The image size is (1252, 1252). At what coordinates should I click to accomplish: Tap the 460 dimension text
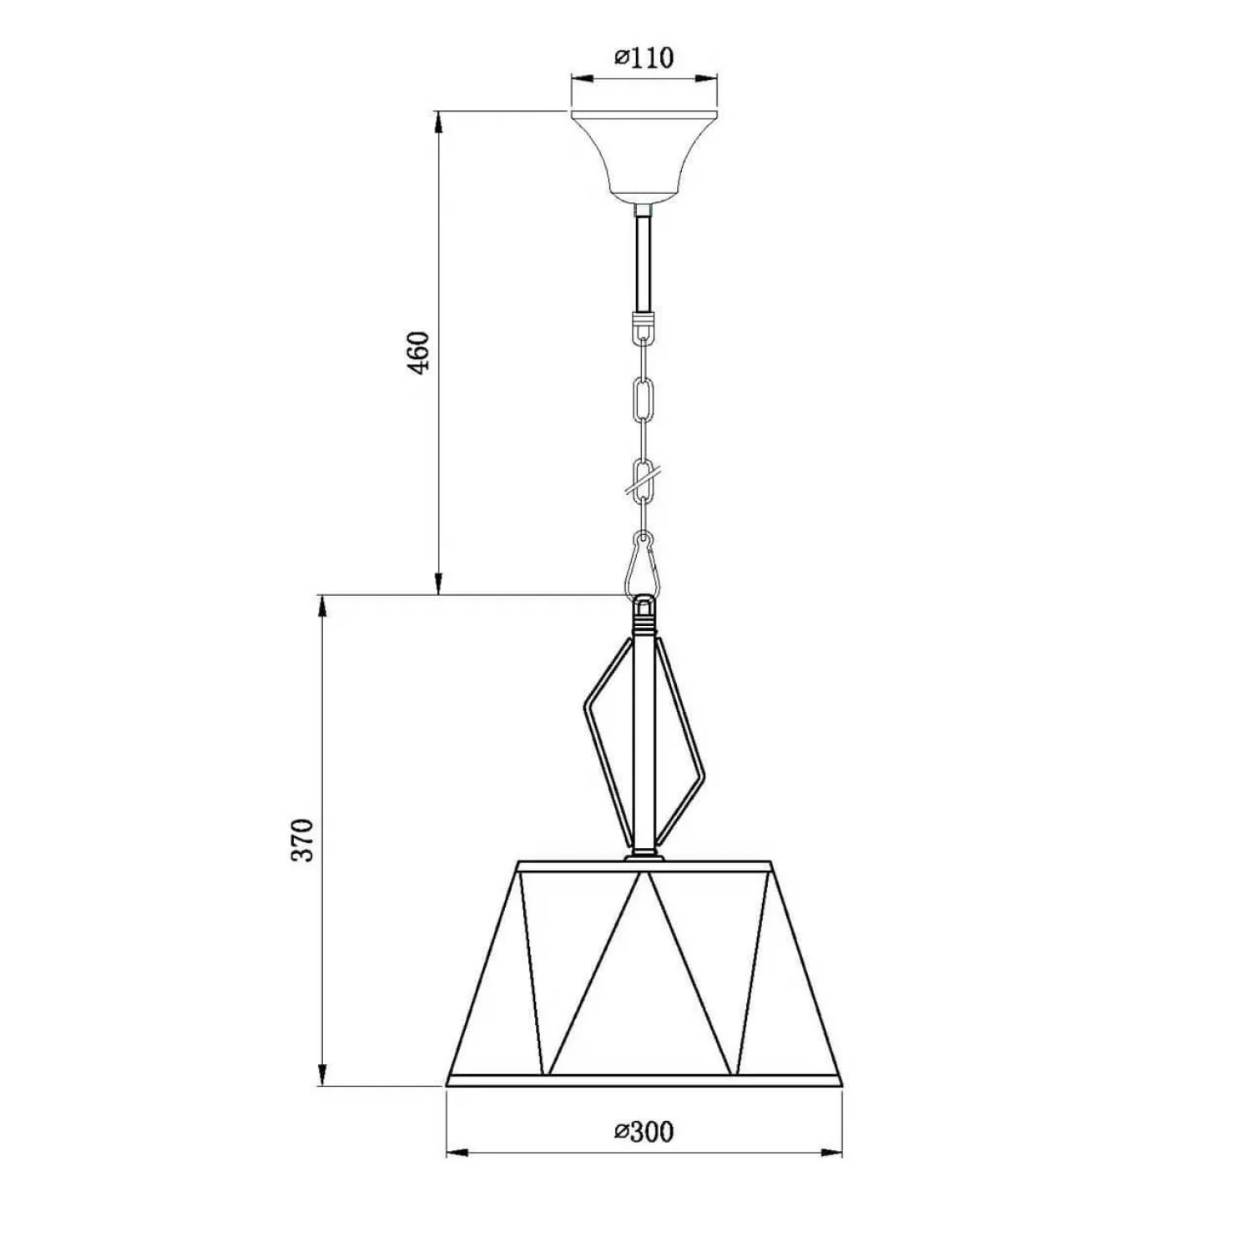[x=419, y=352]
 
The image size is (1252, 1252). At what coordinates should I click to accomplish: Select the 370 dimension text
[x=302, y=840]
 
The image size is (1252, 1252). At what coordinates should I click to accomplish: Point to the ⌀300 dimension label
[x=644, y=1132]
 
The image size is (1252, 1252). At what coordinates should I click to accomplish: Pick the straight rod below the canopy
[x=644, y=264]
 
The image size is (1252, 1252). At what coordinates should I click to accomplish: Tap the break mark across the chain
[x=644, y=480]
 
